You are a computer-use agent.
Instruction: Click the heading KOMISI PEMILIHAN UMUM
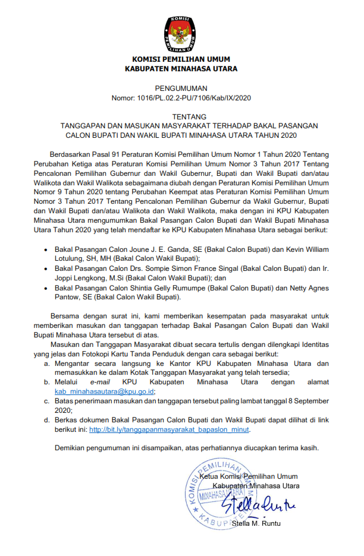tap(181, 59)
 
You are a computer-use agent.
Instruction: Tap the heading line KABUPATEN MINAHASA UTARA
tap(181, 69)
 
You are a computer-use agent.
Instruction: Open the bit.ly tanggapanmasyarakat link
tap(170, 429)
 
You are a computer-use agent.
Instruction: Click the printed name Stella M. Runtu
tap(256, 523)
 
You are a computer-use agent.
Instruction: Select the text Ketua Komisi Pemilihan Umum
tap(248, 476)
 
